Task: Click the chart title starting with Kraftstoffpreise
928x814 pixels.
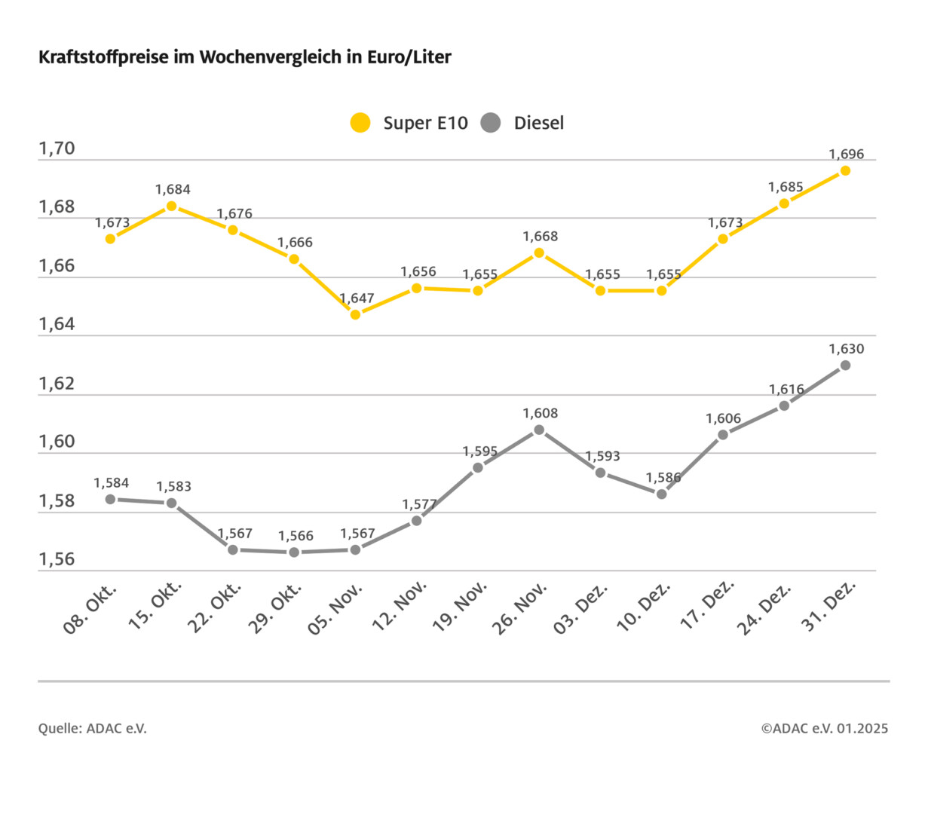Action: click(245, 58)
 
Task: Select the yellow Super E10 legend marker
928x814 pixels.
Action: click(361, 123)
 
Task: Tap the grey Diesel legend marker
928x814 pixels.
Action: click(491, 123)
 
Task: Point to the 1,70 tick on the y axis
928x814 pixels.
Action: click(57, 148)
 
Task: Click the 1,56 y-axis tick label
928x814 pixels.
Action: click(57, 559)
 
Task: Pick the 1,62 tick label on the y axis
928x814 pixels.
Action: click(57, 384)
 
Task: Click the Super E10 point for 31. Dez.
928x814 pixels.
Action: click(845, 170)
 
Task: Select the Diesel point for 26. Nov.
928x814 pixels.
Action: click(539, 430)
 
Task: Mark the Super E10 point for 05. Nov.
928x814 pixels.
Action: click(355, 314)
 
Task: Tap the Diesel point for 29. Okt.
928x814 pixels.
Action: click(294, 552)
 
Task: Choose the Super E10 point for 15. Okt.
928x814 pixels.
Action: click(171, 206)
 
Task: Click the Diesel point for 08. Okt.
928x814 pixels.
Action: click(110, 499)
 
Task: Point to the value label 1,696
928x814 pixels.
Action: click(846, 155)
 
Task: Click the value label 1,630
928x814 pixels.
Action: click(846, 349)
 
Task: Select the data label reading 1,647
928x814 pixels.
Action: click(357, 298)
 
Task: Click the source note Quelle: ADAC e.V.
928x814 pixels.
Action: click(93, 728)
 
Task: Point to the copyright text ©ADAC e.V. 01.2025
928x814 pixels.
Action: click(824, 728)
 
